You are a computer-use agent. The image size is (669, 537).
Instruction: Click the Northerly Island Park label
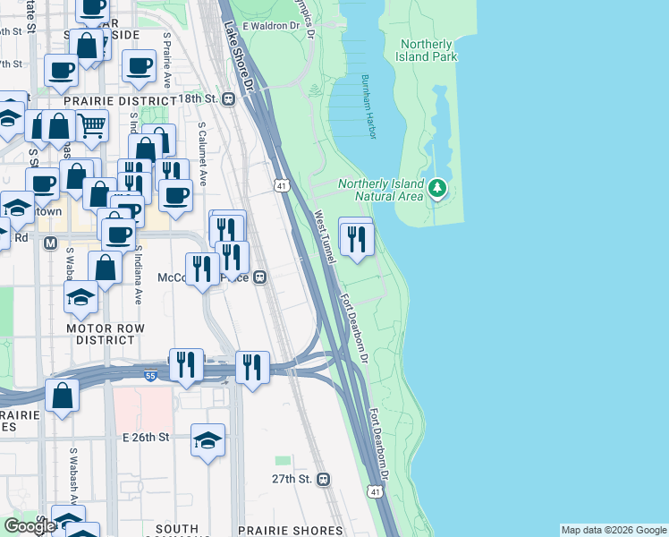click(x=428, y=50)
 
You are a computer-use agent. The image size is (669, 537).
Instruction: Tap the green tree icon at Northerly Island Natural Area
click(x=436, y=188)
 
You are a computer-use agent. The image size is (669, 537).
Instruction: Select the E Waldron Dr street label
click(x=270, y=26)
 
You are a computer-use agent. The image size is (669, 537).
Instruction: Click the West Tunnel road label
click(x=324, y=236)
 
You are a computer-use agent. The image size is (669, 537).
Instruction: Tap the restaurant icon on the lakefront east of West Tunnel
click(x=356, y=238)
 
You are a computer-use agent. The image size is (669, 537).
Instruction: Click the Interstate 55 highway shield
click(x=150, y=376)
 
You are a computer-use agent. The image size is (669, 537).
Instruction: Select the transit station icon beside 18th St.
click(x=228, y=98)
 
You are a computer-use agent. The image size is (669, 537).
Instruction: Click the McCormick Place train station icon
click(x=260, y=277)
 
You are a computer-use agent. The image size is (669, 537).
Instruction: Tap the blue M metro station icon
click(x=50, y=243)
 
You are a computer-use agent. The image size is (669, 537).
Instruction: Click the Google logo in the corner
click(x=30, y=526)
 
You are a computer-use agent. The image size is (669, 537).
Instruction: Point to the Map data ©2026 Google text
click(x=613, y=530)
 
